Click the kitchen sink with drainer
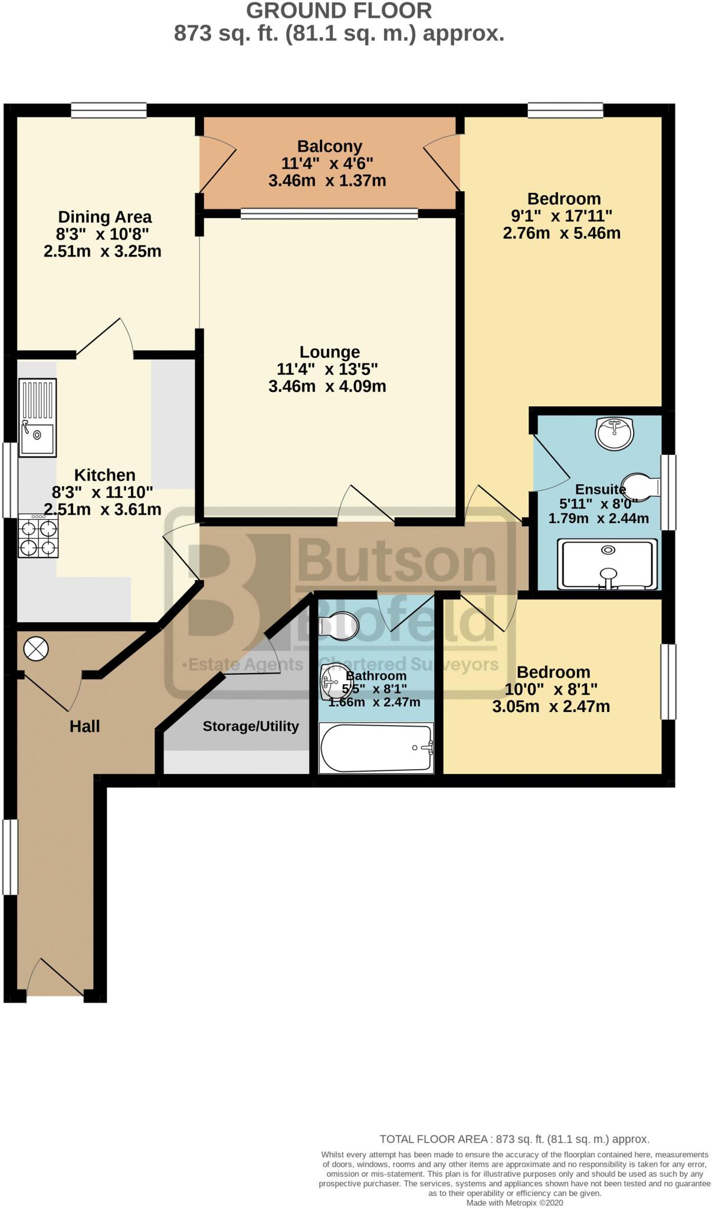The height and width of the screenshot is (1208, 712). (x=38, y=418)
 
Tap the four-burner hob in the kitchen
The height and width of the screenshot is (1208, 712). (x=38, y=536)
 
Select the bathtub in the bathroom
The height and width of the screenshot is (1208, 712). (x=376, y=748)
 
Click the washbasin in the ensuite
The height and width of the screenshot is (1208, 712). (x=614, y=433)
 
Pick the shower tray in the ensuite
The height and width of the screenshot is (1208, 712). (x=608, y=564)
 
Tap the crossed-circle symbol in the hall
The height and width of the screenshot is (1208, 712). (x=35, y=649)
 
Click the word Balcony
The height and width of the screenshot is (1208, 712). (x=329, y=146)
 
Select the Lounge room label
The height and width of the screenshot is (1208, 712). (x=329, y=352)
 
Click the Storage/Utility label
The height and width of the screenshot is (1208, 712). (x=251, y=726)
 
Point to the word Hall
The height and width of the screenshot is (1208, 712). (x=84, y=726)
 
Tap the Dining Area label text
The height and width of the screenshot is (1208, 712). (x=104, y=217)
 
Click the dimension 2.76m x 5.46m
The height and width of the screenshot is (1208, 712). (x=561, y=233)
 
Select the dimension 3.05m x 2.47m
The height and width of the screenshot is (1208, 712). (x=550, y=706)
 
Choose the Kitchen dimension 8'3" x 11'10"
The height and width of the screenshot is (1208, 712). (x=102, y=492)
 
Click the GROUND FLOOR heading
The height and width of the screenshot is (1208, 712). (x=339, y=11)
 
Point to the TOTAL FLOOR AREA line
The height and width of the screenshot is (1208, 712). (x=514, y=1139)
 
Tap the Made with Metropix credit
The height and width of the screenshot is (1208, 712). (x=514, y=1203)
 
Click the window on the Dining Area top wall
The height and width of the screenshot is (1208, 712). (x=109, y=110)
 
